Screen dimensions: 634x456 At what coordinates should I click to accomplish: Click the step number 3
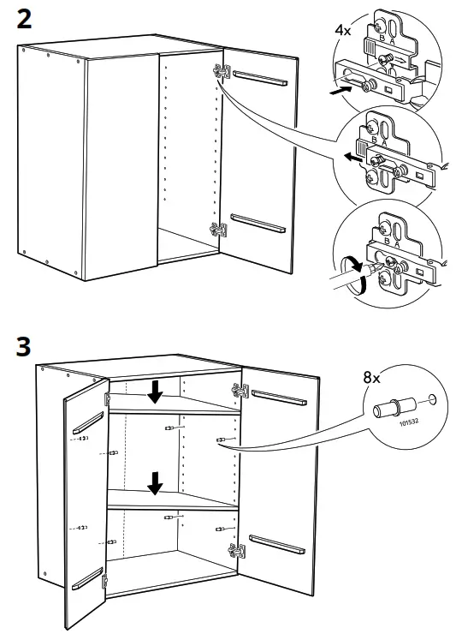[x=27, y=346]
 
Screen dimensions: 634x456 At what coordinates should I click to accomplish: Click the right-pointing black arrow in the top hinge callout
[x=341, y=87]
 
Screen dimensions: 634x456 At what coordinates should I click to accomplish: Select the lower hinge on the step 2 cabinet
[x=219, y=228]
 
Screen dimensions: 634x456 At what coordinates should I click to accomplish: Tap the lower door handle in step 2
[x=258, y=224]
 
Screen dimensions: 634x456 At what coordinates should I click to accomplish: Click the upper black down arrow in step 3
[x=155, y=392]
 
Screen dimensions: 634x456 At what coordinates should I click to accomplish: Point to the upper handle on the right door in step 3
[x=278, y=396]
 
